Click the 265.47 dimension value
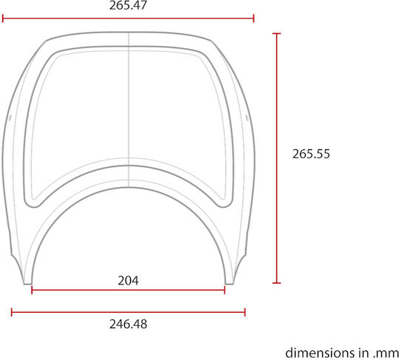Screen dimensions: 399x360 [128, 5]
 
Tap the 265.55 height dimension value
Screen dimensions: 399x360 [311, 154]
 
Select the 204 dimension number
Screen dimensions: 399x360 [129, 281]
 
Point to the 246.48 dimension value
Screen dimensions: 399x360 [129, 324]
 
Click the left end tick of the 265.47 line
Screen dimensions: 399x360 [3, 18]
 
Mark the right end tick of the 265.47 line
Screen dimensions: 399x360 [253, 18]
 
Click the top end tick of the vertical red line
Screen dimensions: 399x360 [276, 33]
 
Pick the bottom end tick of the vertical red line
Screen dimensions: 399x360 [276, 282]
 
